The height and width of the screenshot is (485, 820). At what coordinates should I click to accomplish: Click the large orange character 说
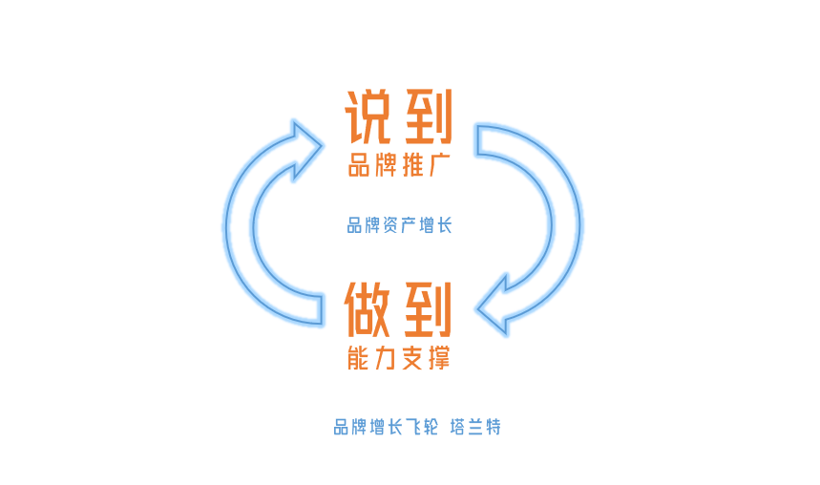coord(368,116)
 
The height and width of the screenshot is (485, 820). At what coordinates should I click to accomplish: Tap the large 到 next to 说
coord(427,116)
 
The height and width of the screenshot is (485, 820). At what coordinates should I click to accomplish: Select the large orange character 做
coord(368,307)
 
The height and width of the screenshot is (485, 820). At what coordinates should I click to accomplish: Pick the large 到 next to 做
coord(427,307)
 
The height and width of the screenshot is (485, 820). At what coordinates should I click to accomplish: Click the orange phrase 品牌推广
coord(399,165)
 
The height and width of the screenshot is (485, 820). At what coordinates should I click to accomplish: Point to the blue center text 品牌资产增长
coord(399,226)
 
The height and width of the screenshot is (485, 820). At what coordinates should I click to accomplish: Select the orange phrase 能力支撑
coord(399,358)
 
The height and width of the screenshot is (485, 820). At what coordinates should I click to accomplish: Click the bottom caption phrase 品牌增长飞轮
coord(386,427)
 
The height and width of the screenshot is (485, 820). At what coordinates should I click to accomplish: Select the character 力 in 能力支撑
coord(386,358)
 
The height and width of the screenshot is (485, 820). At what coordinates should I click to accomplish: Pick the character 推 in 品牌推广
coord(412,165)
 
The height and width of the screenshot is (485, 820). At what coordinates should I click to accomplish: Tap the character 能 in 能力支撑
coord(359,358)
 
